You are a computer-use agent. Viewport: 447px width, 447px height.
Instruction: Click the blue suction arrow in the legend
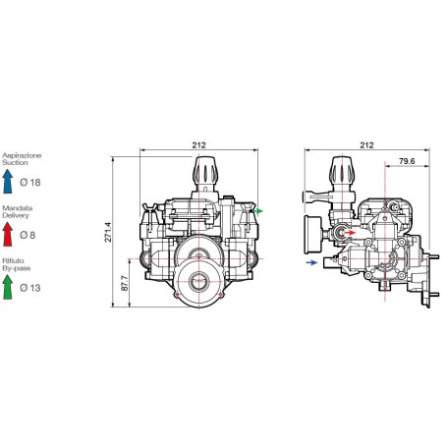[8, 181]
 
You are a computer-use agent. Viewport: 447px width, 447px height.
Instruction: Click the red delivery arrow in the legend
[8, 234]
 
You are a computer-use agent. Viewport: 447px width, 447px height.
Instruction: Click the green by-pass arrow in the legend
[8, 287]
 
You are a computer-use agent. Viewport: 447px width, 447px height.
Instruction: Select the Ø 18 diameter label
[30, 183]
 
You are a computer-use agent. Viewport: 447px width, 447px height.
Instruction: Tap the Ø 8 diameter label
[28, 235]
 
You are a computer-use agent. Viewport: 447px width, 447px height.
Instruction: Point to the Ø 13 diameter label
[30, 288]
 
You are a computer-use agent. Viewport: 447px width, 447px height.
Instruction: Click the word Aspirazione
[22, 155]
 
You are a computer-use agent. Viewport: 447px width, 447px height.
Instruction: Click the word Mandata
[17, 208]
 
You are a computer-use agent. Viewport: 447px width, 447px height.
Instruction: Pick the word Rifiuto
[13, 261]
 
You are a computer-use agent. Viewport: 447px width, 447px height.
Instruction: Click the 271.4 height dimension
[108, 232]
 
